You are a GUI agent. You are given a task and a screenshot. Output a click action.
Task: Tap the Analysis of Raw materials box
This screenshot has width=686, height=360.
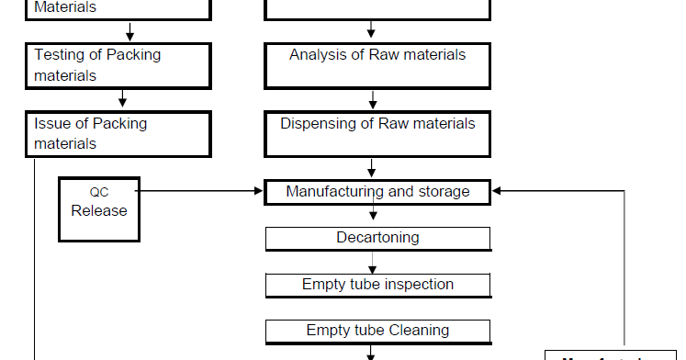pyautogui.click(x=377, y=65)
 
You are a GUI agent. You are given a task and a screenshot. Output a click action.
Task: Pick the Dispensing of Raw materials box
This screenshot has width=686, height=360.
pyautogui.click(x=377, y=134)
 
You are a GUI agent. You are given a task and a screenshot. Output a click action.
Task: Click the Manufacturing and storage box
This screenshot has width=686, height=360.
pyautogui.click(x=377, y=192)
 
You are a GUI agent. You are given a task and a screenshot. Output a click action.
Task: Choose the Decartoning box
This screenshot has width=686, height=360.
pyautogui.click(x=377, y=238)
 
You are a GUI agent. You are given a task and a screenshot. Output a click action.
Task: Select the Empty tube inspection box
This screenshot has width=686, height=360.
pyautogui.click(x=377, y=285)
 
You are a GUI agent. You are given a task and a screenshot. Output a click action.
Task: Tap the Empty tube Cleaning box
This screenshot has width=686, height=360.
pyautogui.click(x=377, y=330)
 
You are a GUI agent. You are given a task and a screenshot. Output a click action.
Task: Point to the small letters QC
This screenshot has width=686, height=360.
pyautogui.click(x=99, y=193)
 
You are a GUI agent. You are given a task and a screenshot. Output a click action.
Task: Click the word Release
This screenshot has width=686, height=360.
pyautogui.click(x=99, y=210)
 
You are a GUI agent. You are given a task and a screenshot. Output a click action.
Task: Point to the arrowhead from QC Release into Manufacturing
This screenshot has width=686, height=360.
pyautogui.click(x=258, y=192)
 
